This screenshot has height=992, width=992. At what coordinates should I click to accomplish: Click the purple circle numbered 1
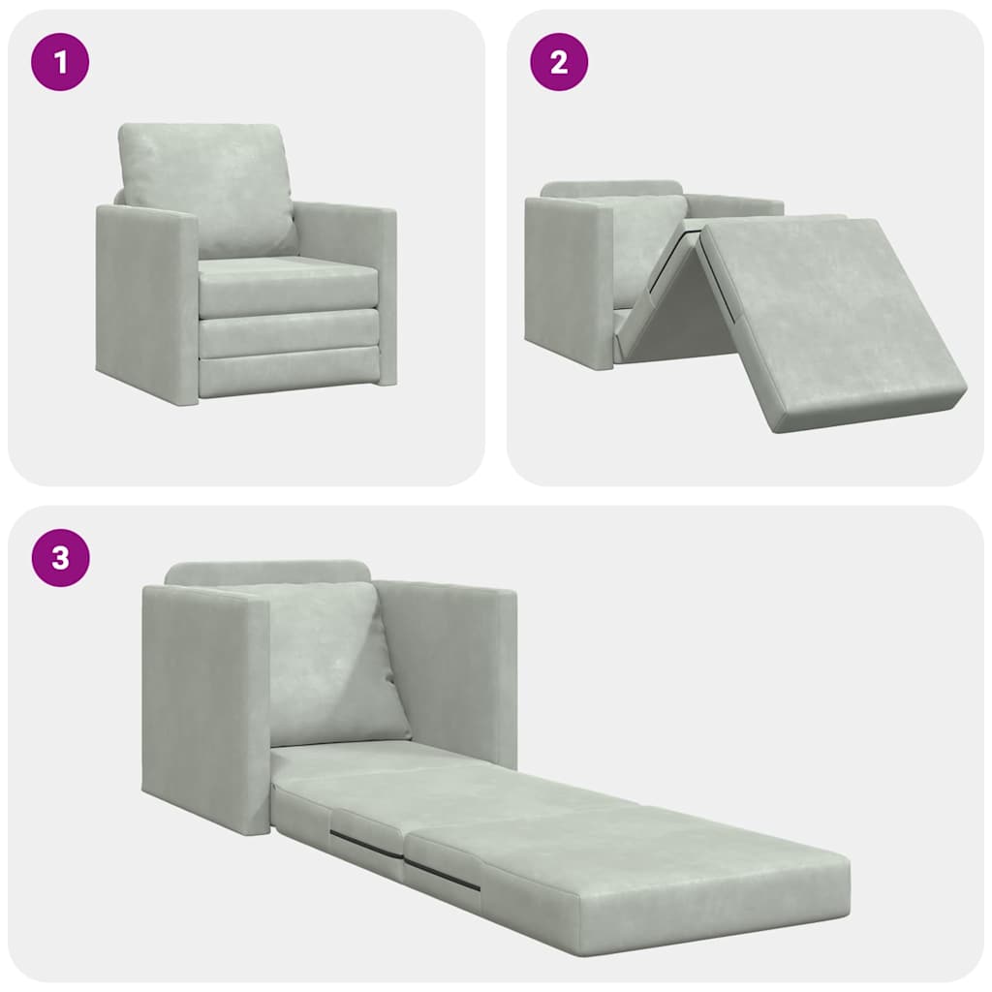click(60, 62)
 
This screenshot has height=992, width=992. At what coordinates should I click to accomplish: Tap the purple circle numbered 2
click(558, 62)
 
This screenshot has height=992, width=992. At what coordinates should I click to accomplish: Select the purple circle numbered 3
click(60, 558)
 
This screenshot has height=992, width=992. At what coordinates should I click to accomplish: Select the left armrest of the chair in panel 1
click(145, 300)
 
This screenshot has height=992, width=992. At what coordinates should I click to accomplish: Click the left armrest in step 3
click(203, 707)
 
